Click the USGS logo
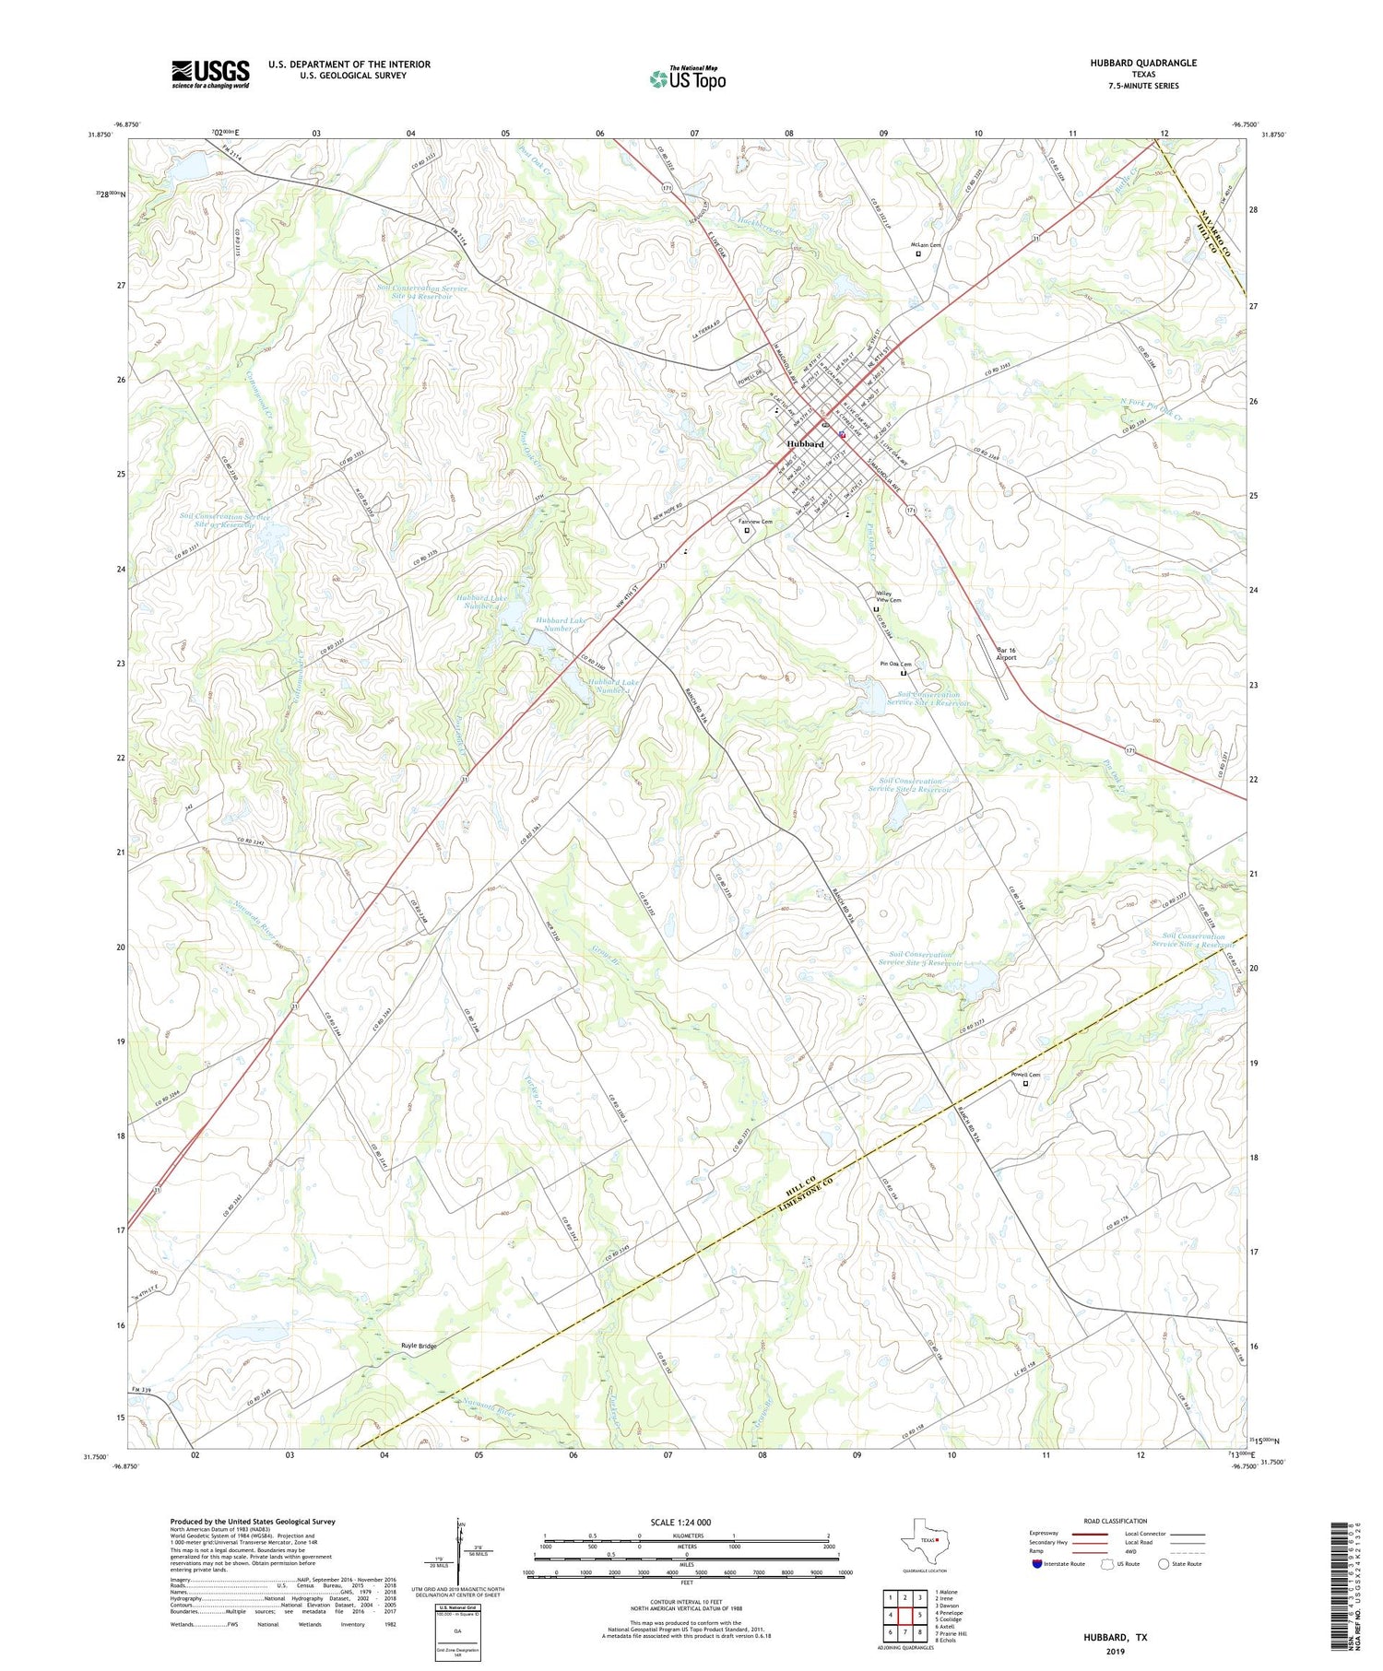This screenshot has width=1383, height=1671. pyautogui.click(x=210, y=74)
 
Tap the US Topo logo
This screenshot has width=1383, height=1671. pyautogui.click(x=688, y=78)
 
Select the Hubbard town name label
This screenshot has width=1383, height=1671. pyautogui.click(x=805, y=444)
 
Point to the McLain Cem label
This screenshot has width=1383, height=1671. pyautogui.click(x=926, y=245)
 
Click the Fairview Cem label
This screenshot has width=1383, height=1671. pyautogui.click(x=755, y=523)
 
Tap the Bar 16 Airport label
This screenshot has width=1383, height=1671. pyautogui.click(x=1006, y=653)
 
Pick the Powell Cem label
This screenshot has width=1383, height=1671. pyautogui.click(x=1025, y=1075)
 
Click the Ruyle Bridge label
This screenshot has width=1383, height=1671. pyautogui.click(x=419, y=1346)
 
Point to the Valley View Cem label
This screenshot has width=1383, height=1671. pyautogui.click(x=888, y=596)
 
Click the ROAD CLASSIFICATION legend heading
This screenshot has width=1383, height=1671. pyautogui.click(x=1116, y=1521)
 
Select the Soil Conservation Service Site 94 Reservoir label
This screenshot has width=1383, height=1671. pyautogui.click(x=421, y=292)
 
